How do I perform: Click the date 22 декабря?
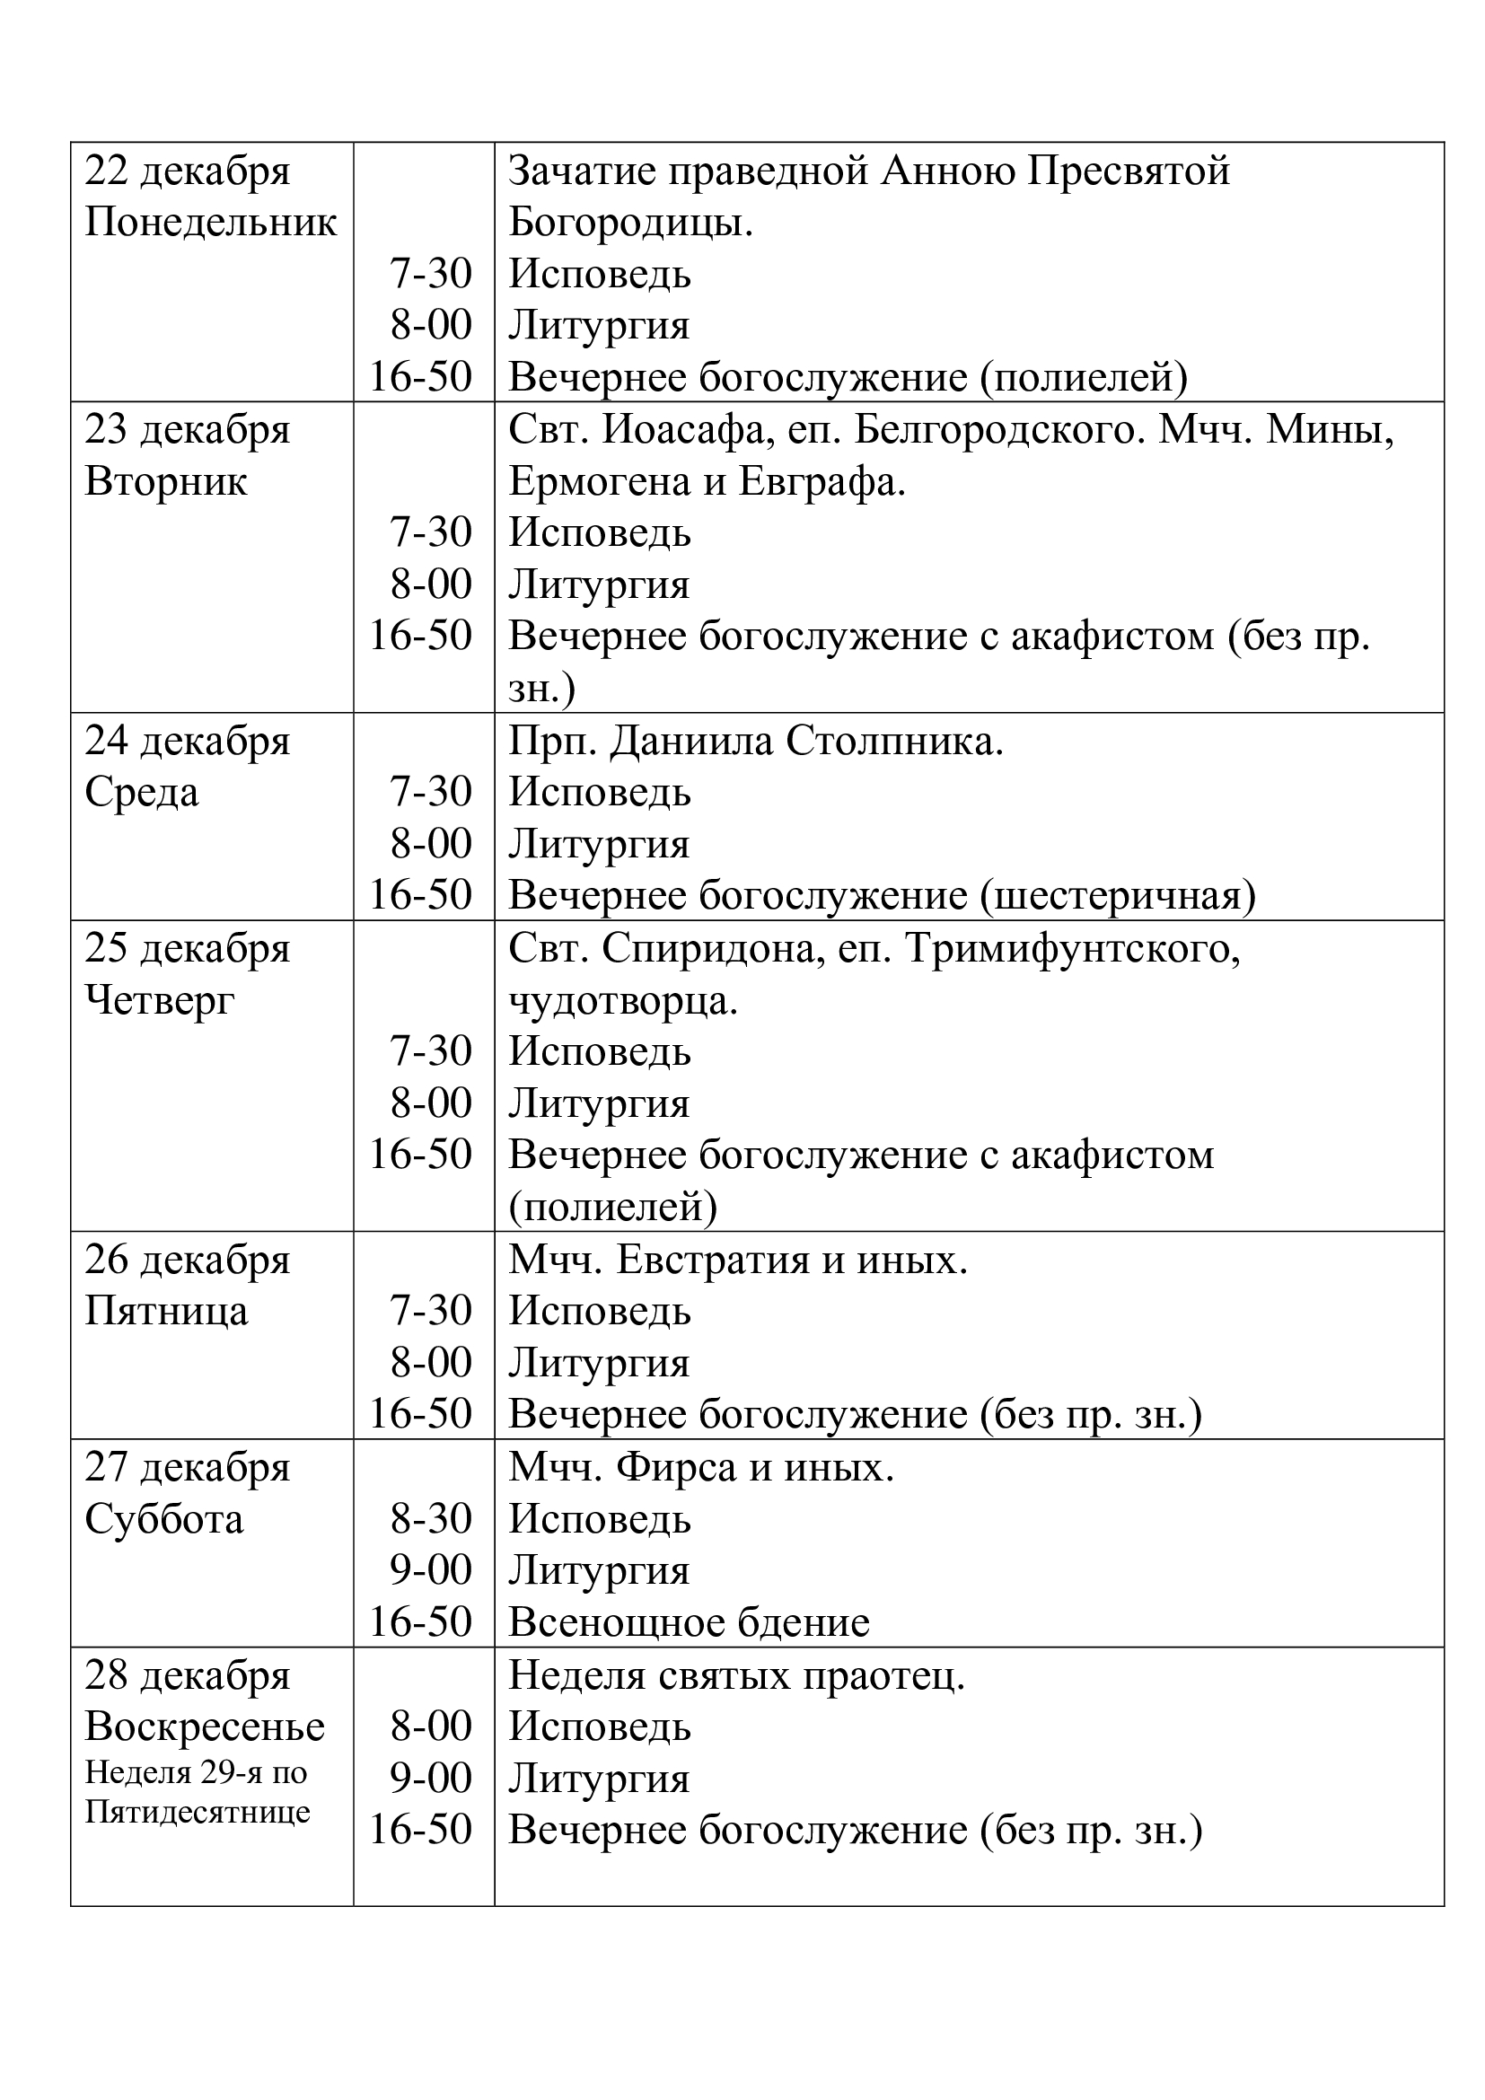tap(188, 172)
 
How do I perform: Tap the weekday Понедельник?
tap(210, 224)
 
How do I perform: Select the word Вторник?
tap(165, 482)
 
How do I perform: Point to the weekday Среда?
tap(142, 792)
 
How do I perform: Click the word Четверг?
tap(160, 999)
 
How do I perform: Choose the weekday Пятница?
tap(166, 1312)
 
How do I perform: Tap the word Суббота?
tap(164, 1519)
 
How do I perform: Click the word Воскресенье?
tap(205, 1727)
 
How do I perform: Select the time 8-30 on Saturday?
tap(431, 1519)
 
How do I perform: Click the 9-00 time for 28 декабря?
tap(431, 1778)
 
